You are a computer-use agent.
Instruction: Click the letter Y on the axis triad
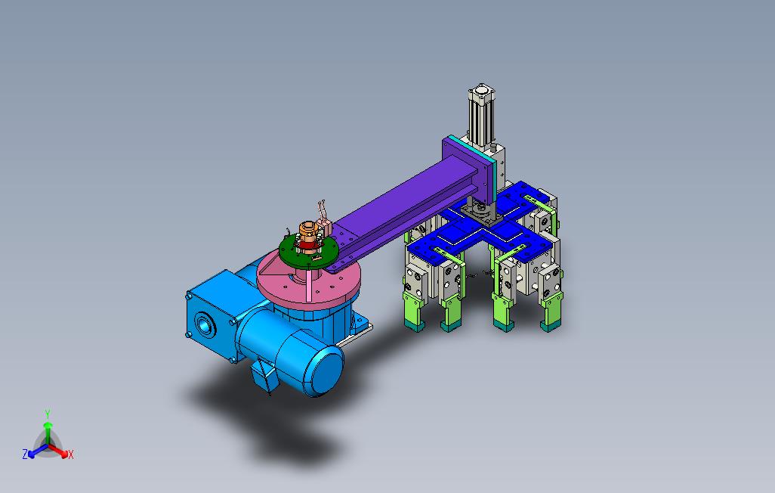coord(48,414)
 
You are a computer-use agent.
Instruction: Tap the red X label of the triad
coord(71,454)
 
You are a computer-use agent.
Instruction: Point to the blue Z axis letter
coord(25,454)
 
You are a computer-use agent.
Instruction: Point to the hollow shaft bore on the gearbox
coord(204,325)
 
